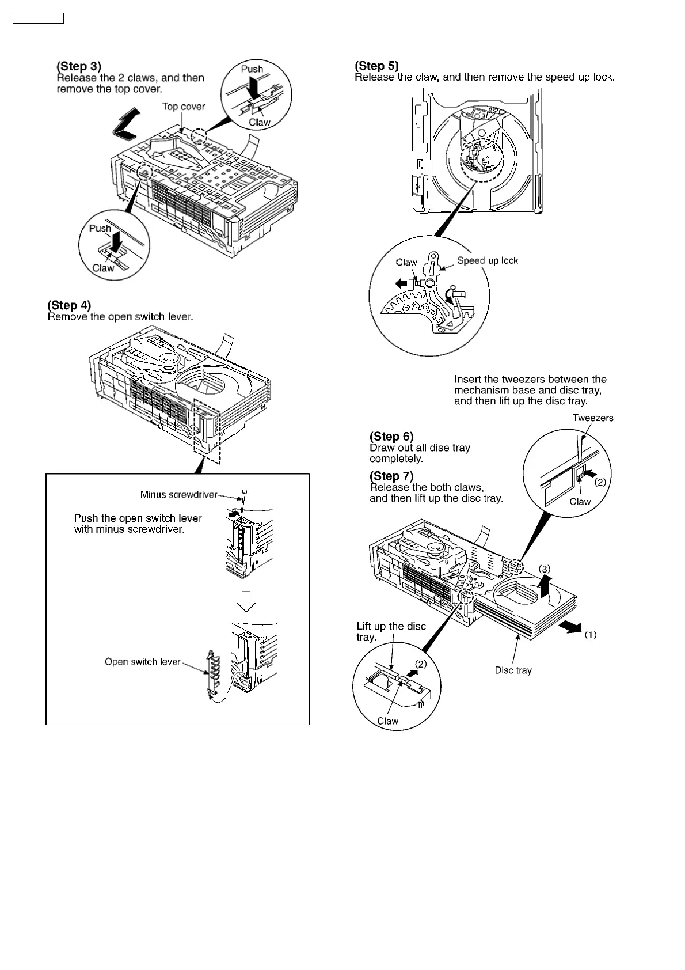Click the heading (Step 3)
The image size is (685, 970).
point(79,67)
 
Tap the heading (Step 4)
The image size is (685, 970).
point(69,305)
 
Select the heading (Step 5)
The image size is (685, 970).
point(377,66)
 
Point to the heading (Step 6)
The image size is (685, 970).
point(391,437)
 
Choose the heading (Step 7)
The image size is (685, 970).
point(391,476)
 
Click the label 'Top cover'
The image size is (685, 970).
point(183,107)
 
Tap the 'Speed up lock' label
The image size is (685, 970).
point(488,260)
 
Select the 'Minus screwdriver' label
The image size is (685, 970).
point(178,495)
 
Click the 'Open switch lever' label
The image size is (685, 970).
point(142,662)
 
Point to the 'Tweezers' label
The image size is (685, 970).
point(593,418)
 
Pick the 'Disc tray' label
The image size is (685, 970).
point(513,670)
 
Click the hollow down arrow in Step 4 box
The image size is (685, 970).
point(246,601)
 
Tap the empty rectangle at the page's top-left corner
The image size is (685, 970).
point(38,18)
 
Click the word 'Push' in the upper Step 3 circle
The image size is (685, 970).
point(252,69)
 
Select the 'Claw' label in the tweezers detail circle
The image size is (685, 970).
point(580,502)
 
